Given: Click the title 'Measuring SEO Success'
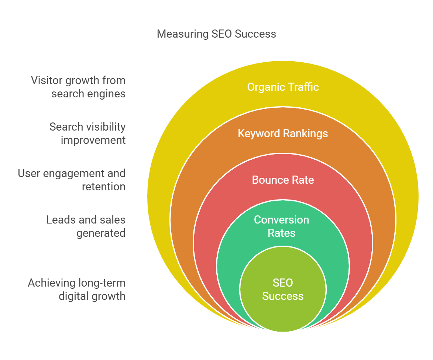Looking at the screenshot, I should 216,34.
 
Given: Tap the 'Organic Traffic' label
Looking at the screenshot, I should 283,87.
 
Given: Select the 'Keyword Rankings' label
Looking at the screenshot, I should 283,133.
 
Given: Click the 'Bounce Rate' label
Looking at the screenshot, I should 283,180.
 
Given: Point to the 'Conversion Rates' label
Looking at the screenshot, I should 282,226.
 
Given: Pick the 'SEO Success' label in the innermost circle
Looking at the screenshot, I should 283,290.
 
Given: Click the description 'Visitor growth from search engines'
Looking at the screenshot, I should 78,87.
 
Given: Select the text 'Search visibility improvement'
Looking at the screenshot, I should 87,134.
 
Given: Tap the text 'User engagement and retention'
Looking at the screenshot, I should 72,180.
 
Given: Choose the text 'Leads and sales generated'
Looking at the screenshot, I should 86,226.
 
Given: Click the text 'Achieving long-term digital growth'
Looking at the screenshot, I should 77,290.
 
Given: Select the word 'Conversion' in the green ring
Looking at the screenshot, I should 282,220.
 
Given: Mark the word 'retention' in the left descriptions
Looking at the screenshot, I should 104,187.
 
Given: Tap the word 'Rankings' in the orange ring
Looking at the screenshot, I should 306,133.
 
